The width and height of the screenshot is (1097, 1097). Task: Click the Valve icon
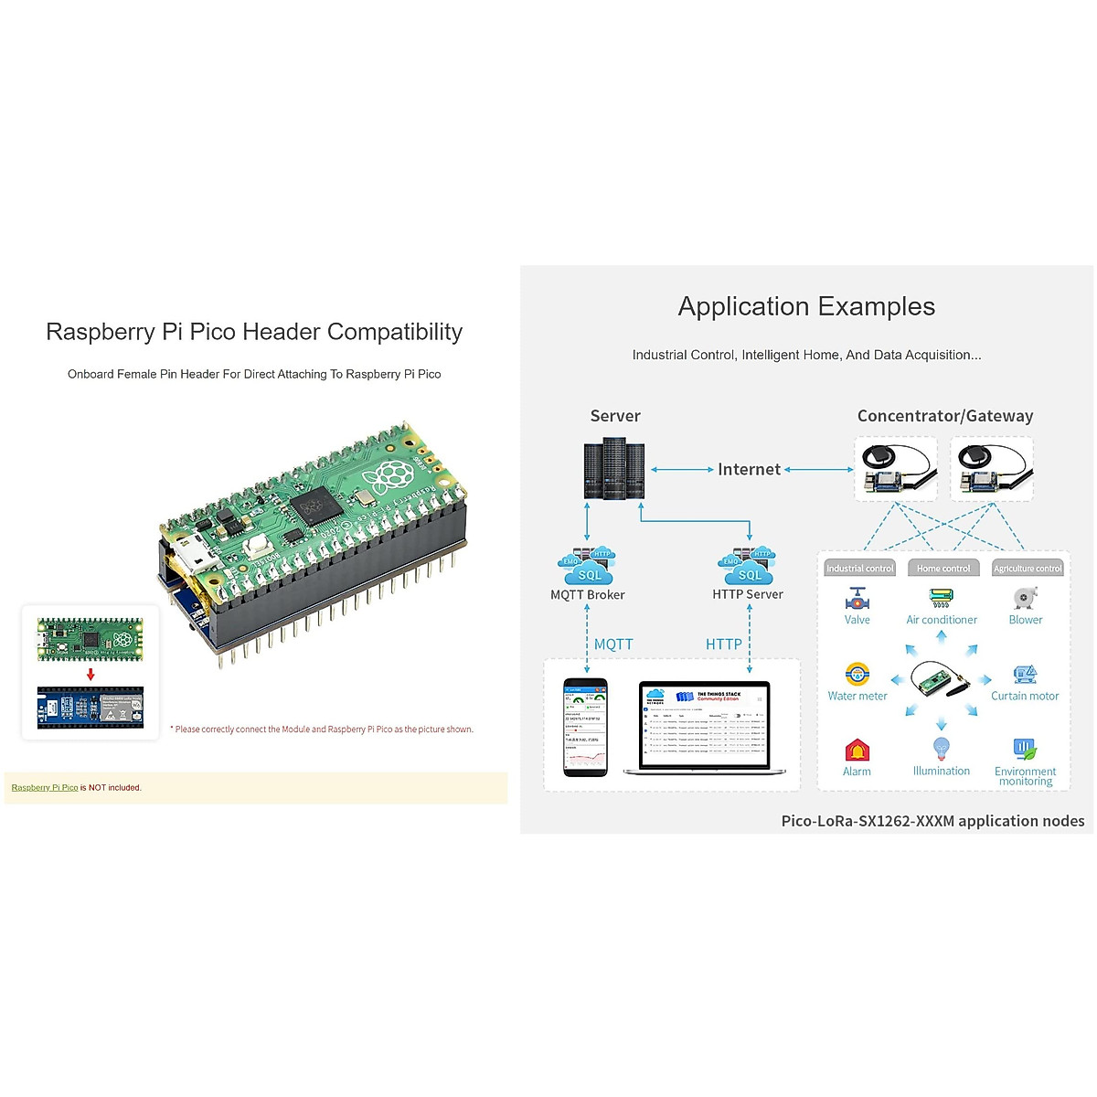(x=857, y=599)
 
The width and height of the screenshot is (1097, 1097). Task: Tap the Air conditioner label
(x=941, y=620)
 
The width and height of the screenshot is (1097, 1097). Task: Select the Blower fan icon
(x=1024, y=599)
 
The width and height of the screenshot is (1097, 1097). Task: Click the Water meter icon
(x=857, y=675)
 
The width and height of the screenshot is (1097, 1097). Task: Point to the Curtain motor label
(x=1025, y=696)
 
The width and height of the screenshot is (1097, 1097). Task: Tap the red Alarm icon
(x=857, y=751)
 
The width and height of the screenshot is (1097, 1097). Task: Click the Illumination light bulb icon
(x=941, y=750)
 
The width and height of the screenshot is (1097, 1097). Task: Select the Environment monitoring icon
(x=1025, y=750)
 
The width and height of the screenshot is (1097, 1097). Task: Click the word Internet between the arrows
(x=749, y=470)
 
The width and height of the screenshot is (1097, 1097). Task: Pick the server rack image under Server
(x=614, y=469)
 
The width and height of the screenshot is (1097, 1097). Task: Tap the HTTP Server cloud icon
(x=748, y=566)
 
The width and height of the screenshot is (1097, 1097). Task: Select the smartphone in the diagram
(x=585, y=728)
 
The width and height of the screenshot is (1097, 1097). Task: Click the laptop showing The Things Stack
(x=704, y=727)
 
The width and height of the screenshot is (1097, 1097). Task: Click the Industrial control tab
(x=859, y=569)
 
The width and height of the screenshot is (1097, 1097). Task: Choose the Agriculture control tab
(x=1028, y=569)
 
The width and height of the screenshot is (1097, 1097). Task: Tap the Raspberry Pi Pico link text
(x=45, y=787)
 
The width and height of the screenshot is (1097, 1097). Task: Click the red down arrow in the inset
(x=91, y=675)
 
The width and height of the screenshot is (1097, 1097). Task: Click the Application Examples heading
(x=806, y=306)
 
